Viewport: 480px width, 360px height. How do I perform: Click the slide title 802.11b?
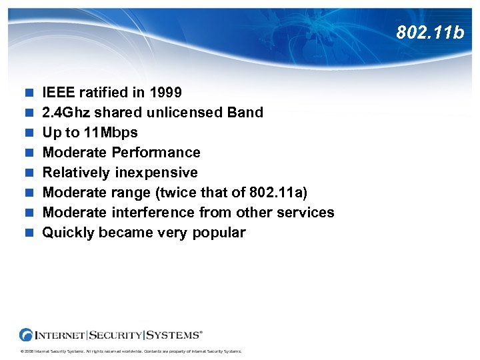point(429,32)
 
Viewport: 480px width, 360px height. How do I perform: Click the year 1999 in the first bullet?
point(165,92)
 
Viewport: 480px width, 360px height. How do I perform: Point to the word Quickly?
point(69,232)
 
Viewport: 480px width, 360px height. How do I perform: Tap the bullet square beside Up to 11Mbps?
point(29,133)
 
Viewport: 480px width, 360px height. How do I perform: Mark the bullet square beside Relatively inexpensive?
point(29,173)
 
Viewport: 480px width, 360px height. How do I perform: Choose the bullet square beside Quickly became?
point(29,233)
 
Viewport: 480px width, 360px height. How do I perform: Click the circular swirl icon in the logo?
point(26,335)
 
